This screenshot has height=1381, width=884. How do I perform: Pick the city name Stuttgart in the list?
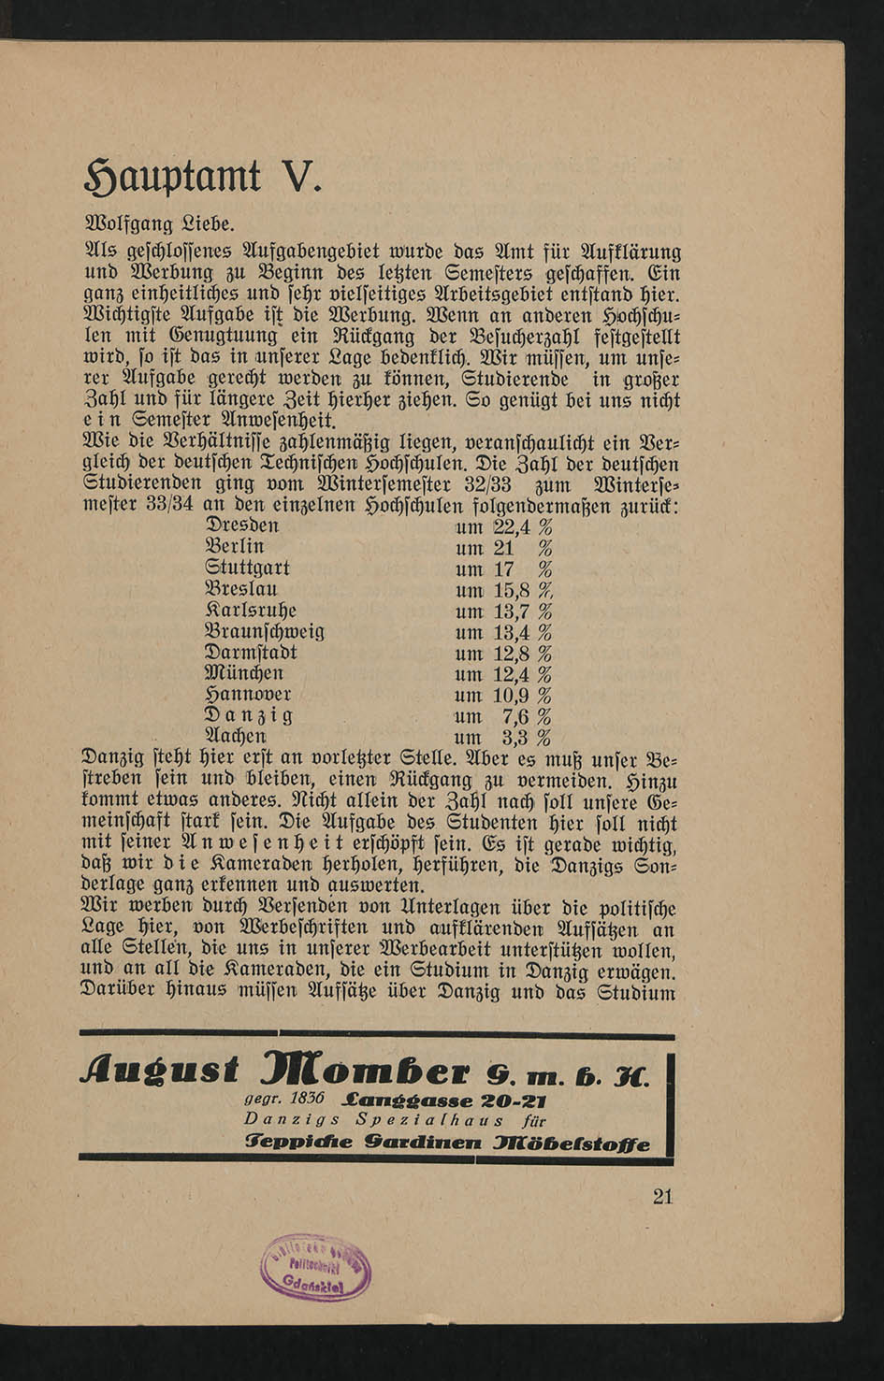247,568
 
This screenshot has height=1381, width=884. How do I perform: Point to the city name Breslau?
240,589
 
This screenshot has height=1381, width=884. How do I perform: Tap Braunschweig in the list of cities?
264,632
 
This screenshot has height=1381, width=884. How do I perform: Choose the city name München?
243,673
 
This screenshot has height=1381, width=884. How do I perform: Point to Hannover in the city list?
248,695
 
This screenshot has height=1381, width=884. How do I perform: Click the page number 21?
662,1196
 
